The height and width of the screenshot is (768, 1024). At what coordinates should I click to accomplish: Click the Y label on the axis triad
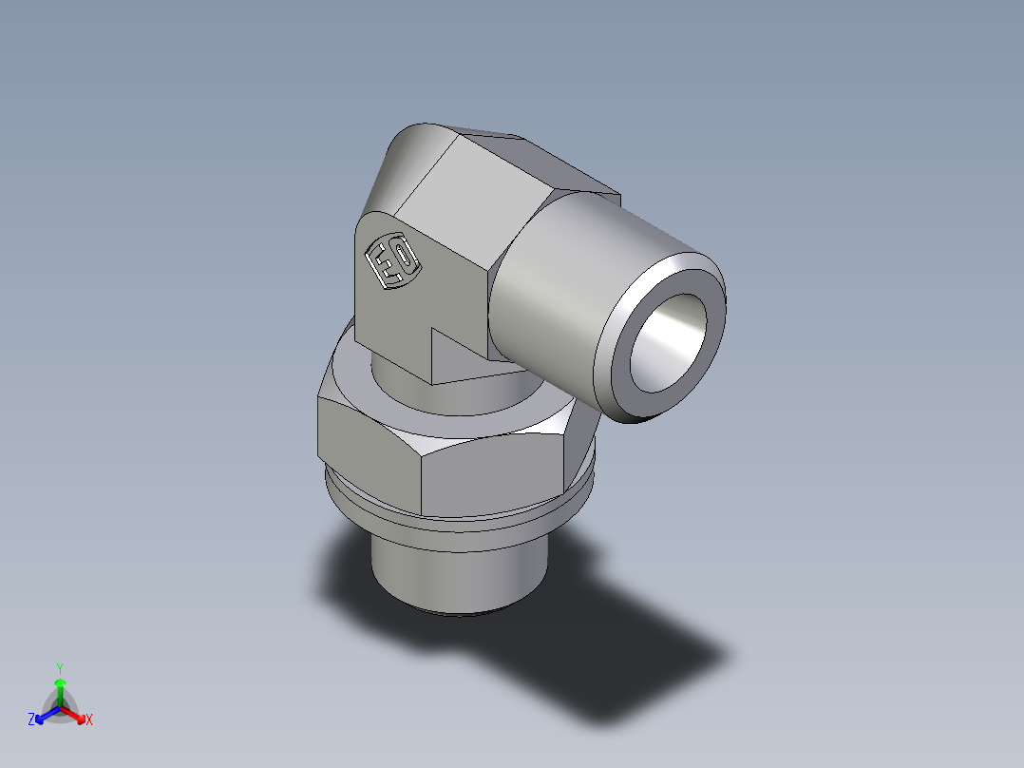click(59, 667)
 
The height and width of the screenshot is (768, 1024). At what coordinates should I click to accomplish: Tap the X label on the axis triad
click(89, 720)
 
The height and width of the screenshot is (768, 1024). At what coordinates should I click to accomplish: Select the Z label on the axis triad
click(30, 720)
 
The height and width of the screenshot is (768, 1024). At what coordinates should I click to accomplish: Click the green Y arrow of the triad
click(60, 688)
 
